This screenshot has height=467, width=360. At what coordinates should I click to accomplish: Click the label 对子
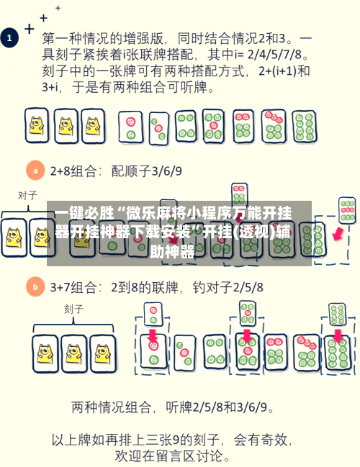[27, 195]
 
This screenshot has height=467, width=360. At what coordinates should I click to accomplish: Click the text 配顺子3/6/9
[146, 171]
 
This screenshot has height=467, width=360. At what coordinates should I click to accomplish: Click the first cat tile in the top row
[36, 126]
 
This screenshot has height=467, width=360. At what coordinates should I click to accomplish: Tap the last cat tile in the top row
[91, 126]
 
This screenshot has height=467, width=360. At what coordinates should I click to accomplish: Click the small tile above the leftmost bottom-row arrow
[153, 314]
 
